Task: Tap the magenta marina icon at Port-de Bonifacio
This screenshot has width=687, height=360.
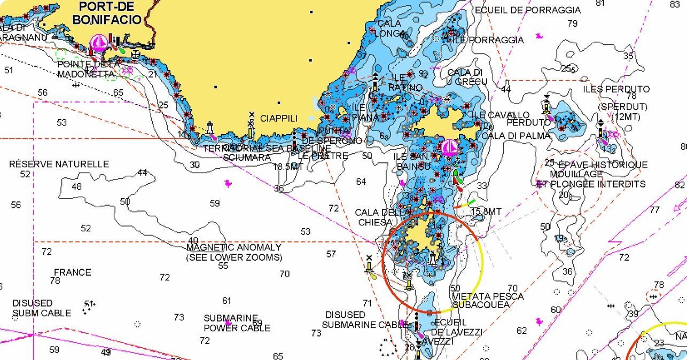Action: [x=98, y=42]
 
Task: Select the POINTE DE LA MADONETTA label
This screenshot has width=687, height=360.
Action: [x=88, y=69]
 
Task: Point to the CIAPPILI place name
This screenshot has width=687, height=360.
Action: [x=278, y=118]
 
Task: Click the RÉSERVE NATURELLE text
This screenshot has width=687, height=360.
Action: [x=59, y=164]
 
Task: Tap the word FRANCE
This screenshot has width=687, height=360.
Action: [x=72, y=272]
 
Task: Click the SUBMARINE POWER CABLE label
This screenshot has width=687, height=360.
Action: [x=237, y=323]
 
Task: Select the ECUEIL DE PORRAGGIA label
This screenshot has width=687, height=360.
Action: [x=527, y=10]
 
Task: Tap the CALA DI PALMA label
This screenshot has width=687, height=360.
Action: [x=516, y=136]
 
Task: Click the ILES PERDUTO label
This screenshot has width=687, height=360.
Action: [x=616, y=89]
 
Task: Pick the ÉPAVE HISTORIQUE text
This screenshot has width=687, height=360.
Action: [x=602, y=165]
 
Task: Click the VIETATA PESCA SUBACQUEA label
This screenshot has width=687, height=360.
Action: [x=488, y=300]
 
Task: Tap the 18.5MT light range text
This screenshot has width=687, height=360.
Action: [x=288, y=166]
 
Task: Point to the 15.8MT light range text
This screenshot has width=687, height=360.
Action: [x=486, y=212]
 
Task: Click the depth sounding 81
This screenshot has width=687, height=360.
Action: [x=600, y=3]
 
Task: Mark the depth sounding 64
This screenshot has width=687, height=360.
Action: [x=361, y=182]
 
